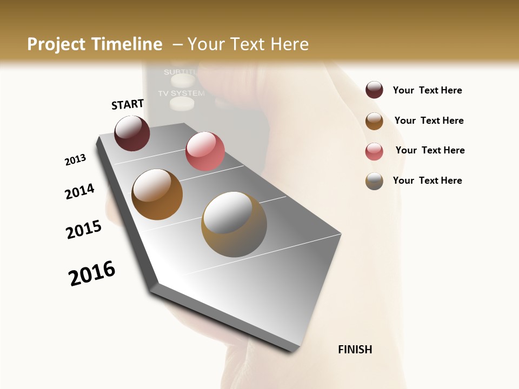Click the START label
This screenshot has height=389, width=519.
128,104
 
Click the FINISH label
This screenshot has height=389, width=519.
355,350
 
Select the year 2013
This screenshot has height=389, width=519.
75,160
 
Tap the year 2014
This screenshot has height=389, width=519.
79,191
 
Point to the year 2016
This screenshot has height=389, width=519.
92,273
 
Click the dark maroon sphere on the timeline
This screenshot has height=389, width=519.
132,133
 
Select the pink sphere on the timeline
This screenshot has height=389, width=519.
205,151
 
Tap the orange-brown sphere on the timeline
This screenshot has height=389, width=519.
157,194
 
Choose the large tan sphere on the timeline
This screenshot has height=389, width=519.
234,224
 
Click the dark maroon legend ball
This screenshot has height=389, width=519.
374,90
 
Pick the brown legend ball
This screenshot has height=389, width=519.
374,120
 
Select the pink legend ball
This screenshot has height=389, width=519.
374,151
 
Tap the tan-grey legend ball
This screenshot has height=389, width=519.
374,181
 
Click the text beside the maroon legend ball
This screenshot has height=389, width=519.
427,90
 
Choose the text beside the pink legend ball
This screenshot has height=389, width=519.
430,150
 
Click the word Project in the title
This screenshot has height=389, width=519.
57,44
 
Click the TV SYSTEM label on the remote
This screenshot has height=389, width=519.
181,93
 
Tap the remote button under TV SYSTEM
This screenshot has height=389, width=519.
182,103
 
